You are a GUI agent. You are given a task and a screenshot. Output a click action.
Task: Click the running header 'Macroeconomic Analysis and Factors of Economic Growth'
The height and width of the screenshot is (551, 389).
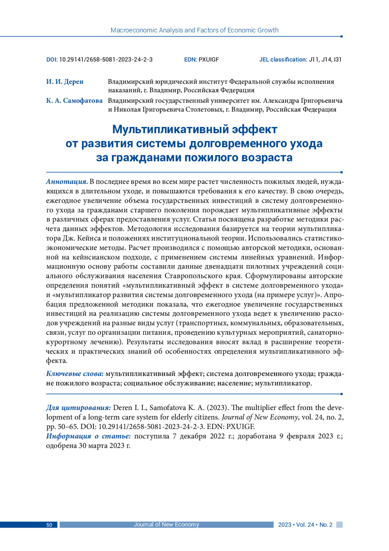[x=194, y=30]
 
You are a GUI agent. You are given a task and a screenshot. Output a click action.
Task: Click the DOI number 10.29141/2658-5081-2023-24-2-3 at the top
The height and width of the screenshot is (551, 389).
[x=106, y=59]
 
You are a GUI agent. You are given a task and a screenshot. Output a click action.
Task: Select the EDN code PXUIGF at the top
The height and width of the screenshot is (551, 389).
[x=208, y=59]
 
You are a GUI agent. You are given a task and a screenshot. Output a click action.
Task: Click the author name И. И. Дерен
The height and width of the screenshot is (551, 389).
[x=65, y=81]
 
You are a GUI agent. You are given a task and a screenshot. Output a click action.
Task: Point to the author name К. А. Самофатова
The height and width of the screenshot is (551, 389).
[x=74, y=101]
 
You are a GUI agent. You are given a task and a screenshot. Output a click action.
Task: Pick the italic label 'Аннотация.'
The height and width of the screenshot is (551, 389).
[x=67, y=181]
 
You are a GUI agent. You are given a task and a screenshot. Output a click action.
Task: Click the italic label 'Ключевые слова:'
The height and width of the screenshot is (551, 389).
[x=75, y=374]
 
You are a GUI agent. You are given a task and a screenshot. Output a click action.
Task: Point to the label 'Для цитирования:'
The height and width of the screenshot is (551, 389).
[x=78, y=407]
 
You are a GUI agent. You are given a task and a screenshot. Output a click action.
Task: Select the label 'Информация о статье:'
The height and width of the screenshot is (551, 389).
[x=88, y=436]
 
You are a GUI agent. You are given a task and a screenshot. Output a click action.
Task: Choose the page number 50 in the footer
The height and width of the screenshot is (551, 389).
[x=49, y=525]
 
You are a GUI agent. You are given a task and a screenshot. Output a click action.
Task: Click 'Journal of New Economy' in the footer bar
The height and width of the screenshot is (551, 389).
[x=166, y=524]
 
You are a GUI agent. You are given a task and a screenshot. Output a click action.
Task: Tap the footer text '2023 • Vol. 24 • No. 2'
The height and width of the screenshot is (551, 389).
[x=305, y=525]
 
